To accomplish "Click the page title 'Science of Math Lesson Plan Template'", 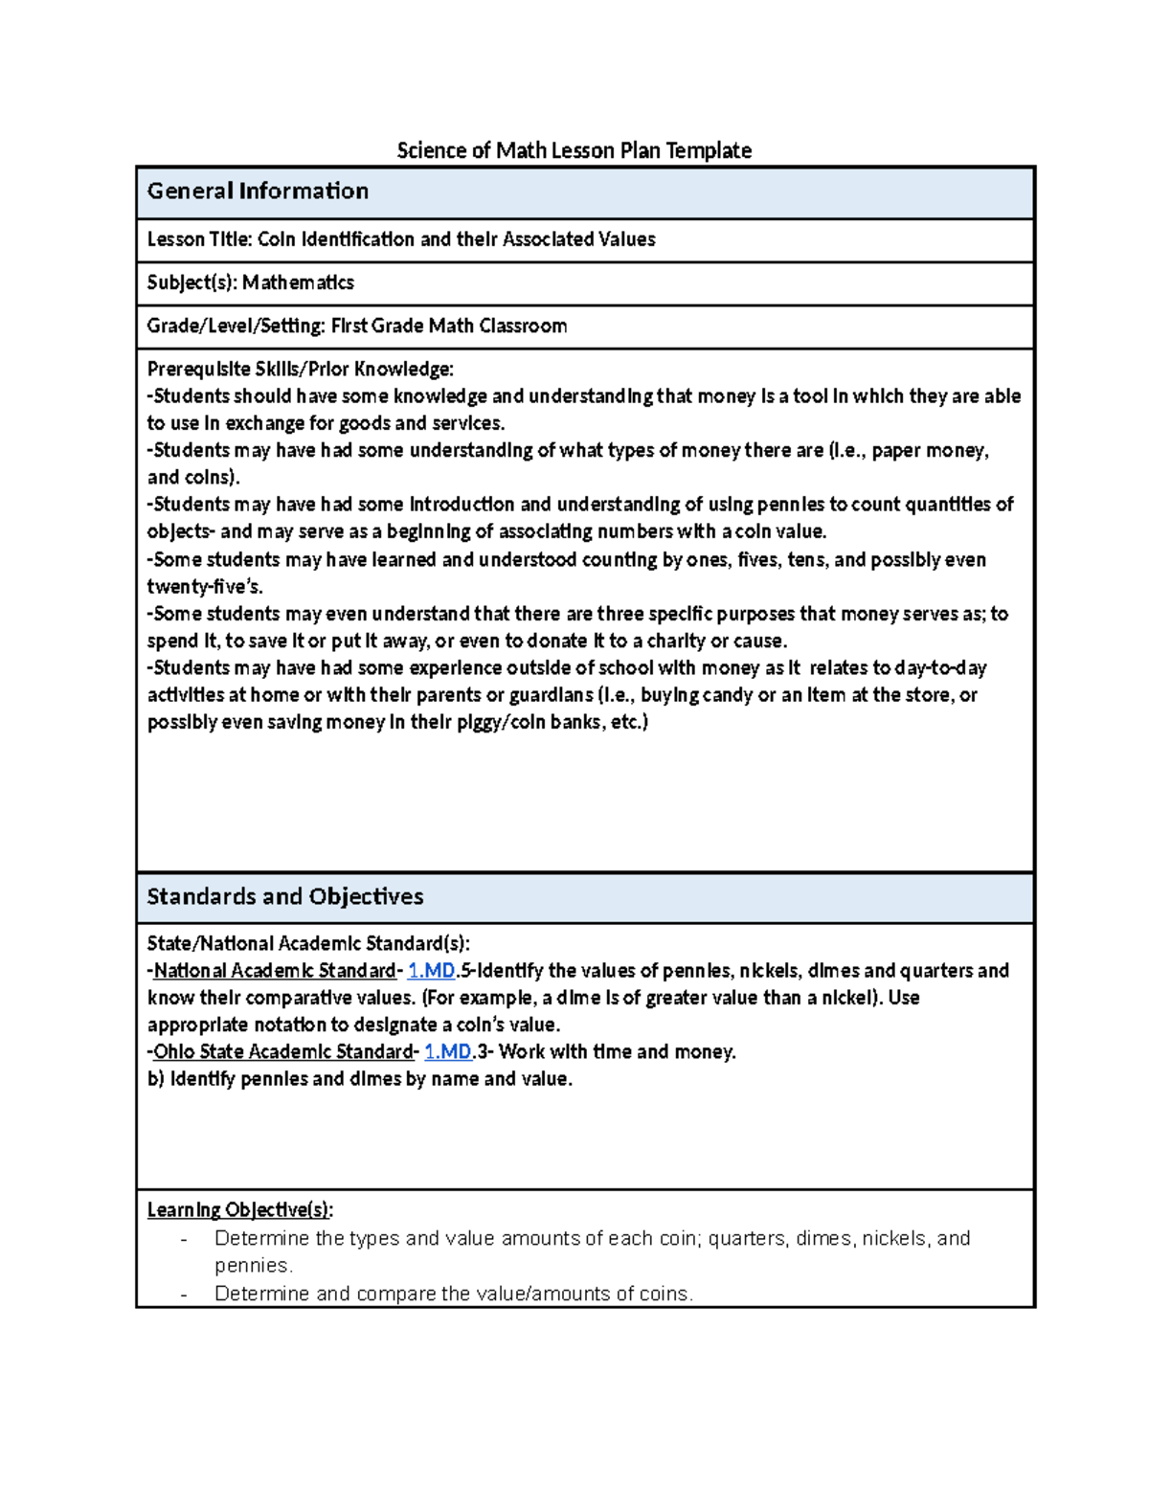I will coord(574,150).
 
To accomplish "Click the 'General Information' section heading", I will coord(258,192).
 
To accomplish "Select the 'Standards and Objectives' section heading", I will coord(284,896).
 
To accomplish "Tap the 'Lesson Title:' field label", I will coord(200,239).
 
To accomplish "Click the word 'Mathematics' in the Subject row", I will coord(298,282).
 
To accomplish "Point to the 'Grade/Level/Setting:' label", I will coord(237,326).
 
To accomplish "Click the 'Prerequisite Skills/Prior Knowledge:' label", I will coord(300,369).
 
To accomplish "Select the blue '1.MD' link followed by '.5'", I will coord(431,971).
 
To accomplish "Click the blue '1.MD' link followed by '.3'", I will coord(447,1051).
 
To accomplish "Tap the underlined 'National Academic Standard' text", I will coord(275,971).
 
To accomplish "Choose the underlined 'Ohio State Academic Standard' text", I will coord(282,1051).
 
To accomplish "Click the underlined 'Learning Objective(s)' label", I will coord(238,1209).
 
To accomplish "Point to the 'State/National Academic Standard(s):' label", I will coord(308,943).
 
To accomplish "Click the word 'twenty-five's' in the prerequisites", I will coord(204,587).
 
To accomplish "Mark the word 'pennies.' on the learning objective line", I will coord(253,1265).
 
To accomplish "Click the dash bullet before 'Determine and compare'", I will coord(184,1295).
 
